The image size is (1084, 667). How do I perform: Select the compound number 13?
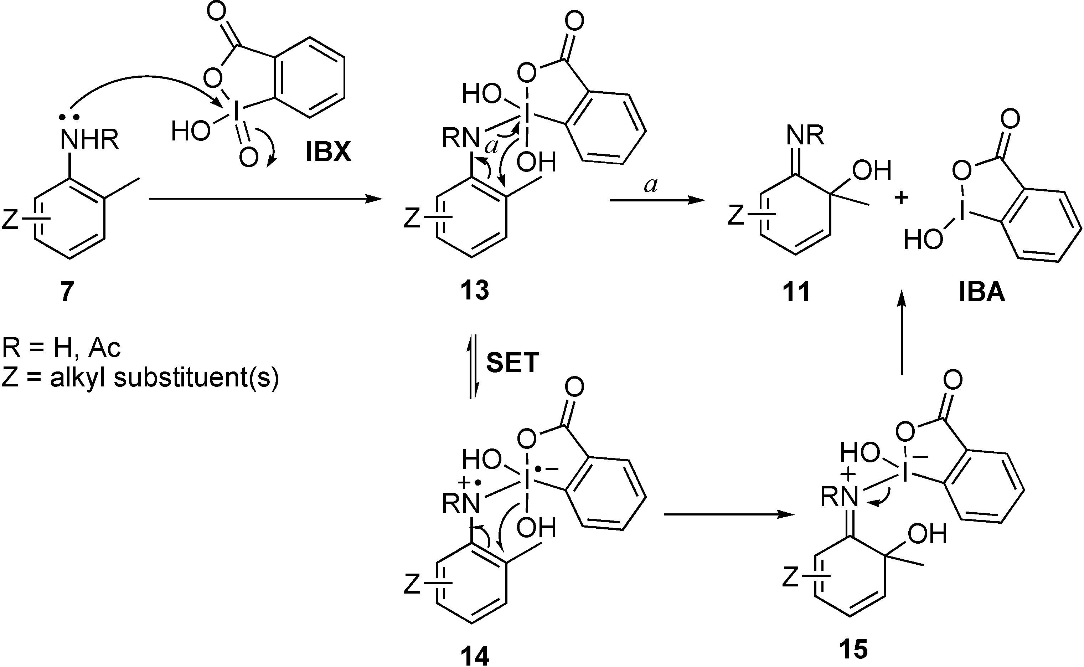475,291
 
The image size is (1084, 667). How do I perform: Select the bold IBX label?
329,153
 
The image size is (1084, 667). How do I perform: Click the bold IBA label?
982,292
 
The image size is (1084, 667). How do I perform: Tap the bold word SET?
512,363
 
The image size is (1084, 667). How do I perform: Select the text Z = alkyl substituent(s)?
140,378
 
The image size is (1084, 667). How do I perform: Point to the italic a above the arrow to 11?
651,185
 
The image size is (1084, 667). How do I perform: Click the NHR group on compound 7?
89,140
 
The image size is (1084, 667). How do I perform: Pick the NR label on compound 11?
805,135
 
